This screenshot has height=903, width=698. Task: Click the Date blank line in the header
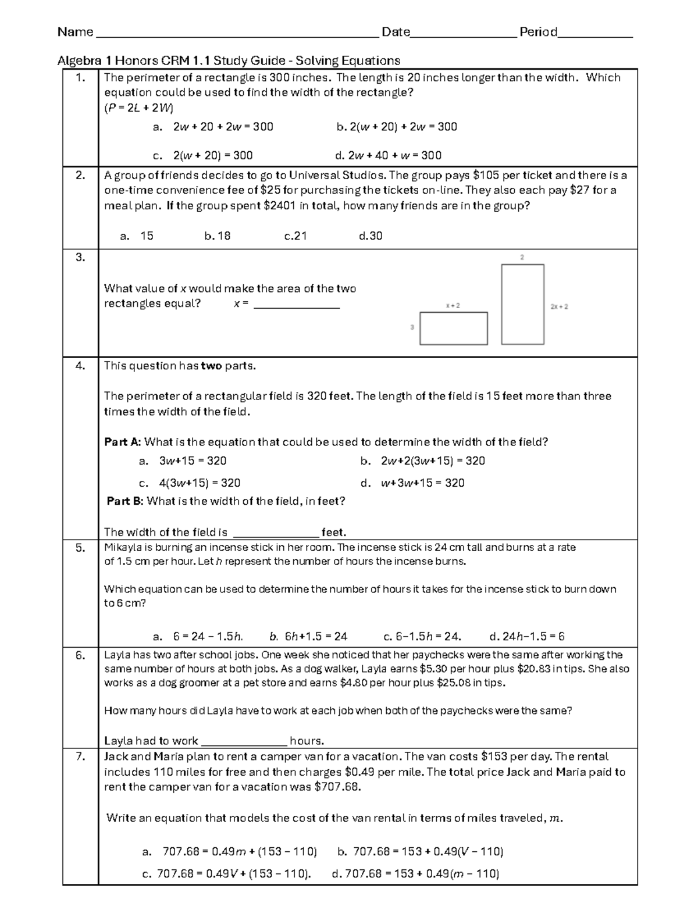point(463,35)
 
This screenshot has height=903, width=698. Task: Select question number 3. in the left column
point(80,257)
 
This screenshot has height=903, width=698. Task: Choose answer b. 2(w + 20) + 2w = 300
point(397,127)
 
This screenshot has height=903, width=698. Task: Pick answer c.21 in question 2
point(295,236)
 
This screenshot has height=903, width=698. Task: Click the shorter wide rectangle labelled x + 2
point(453,329)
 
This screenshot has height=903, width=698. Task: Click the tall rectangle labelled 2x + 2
point(522,304)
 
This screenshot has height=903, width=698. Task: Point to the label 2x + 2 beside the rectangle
point(558,306)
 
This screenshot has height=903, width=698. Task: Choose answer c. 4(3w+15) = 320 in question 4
point(190,483)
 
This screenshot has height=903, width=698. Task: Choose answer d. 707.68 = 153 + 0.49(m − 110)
point(415,873)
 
